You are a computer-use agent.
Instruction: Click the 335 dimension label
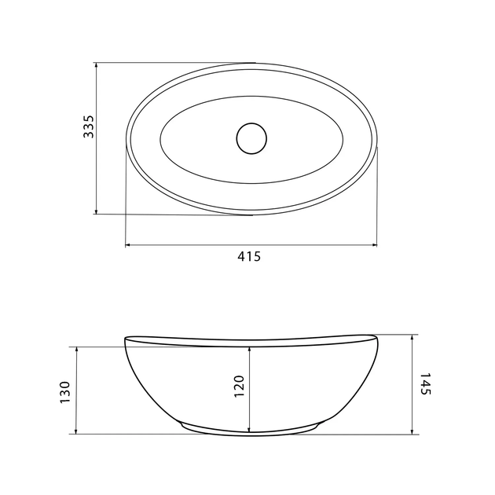tap(89, 126)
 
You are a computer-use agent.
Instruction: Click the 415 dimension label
tap(249, 257)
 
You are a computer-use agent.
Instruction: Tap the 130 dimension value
tap(64, 392)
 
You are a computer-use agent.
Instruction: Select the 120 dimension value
tap(240, 386)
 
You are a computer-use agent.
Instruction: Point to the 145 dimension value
tap(426, 383)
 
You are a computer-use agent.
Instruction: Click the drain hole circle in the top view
tap(251, 138)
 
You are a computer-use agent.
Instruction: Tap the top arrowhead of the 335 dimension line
tap(97, 65)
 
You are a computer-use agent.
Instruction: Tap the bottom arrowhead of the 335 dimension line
tap(97, 211)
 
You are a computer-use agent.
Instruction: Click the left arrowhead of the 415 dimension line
tap(129, 244)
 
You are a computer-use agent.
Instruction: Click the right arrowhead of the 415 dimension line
tap(374, 244)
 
